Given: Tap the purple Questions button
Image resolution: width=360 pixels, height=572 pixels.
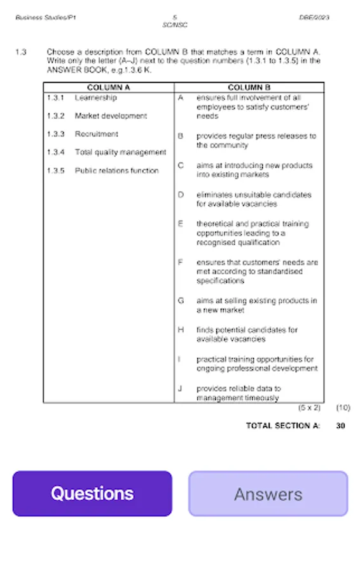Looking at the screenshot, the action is (x=92, y=494).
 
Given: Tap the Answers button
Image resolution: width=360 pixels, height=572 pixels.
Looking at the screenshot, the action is (x=268, y=494).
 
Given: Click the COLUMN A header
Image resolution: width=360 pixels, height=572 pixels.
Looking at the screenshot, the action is (x=108, y=88).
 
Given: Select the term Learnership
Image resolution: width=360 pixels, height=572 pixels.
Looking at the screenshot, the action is (x=95, y=98).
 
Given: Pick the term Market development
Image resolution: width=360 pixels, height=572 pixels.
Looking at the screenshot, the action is (x=111, y=116).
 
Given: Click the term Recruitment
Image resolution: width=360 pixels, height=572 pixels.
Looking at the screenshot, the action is (x=96, y=134).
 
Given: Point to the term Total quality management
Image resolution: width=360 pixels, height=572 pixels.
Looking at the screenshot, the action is (x=120, y=153).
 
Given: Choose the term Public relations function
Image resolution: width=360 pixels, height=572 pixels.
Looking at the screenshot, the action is (x=116, y=171).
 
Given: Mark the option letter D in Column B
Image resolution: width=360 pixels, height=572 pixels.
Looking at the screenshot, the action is (x=181, y=195).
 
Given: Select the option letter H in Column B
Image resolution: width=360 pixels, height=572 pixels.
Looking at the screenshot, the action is (x=181, y=330).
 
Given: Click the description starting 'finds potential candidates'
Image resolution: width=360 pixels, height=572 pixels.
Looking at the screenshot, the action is (x=246, y=334).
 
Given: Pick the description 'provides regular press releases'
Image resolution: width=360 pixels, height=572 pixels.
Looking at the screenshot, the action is (x=256, y=140).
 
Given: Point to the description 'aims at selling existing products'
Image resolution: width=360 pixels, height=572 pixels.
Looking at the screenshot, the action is (x=256, y=305).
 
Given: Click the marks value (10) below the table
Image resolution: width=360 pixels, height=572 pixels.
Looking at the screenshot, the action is (x=343, y=407).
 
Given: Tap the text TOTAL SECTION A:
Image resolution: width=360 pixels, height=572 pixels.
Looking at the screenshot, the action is (x=283, y=426).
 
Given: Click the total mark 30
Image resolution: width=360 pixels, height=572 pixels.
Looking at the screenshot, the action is (x=341, y=426).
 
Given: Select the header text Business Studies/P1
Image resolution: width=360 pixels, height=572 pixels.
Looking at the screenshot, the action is (x=46, y=18).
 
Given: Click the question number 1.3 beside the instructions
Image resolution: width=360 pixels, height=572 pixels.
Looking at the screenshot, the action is (x=20, y=52).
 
